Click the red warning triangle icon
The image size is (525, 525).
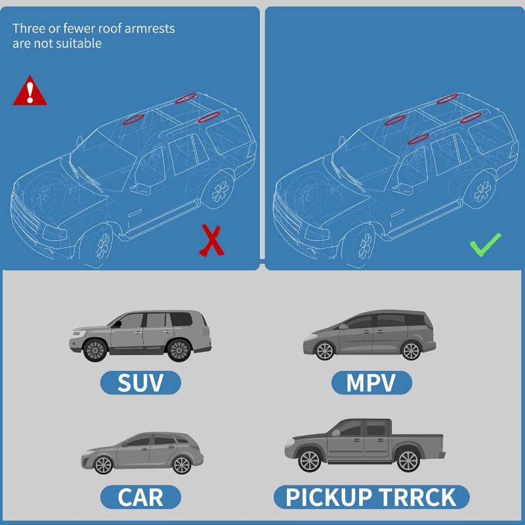click(x=30, y=91)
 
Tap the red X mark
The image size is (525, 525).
click(x=211, y=240)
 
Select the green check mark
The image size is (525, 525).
click(x=485, y=244)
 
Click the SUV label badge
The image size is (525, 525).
click(x=140, y=383)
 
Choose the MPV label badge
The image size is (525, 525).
click(x=371, y=383)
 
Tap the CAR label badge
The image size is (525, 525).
click(x=140, y=497)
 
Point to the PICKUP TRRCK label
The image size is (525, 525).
click(x=371, y=497)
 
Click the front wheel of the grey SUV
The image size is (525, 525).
click(x=95, y=350)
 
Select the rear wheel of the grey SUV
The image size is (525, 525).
click(x=178, y=350)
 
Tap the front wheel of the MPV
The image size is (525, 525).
click(x=325, y=351)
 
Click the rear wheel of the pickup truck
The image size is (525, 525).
click(x=408, y=461)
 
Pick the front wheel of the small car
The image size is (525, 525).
click(x=104, y=465)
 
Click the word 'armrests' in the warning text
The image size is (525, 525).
click(x=150, y=28)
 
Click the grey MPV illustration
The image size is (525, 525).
click(x=369, y=335)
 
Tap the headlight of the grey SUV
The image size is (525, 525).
click(x=78, y=333)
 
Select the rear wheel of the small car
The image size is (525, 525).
click(x=182, y=465)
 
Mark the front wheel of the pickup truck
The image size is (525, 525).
click(x=309, y=461)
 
